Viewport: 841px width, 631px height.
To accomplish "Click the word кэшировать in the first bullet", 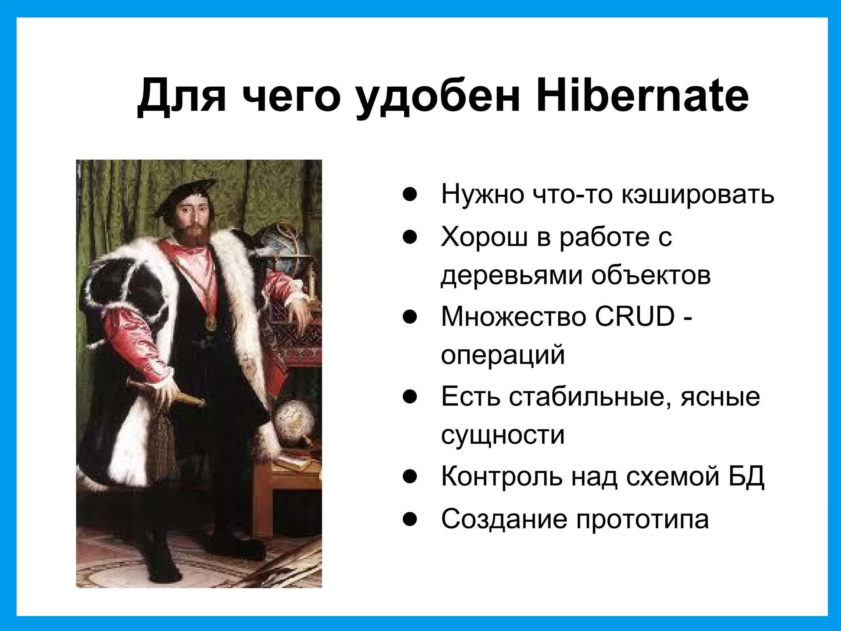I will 697,194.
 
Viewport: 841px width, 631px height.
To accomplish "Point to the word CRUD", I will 635,316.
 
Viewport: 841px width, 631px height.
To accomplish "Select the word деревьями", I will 511,276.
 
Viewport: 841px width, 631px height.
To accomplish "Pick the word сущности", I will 503,435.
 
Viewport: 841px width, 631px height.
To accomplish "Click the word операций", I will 503,355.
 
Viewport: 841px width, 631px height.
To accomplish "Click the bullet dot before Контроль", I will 410,477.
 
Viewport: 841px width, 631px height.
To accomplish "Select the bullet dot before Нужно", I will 410,194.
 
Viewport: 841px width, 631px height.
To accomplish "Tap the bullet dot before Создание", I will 410,519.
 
